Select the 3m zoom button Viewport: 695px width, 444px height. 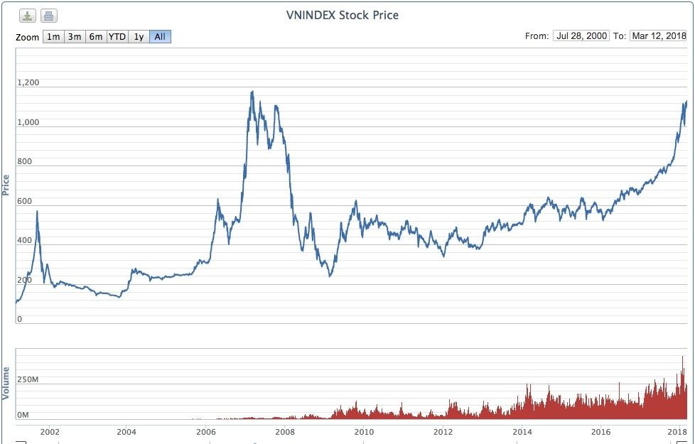click(x=75, y=36)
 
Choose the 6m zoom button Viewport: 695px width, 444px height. click(x=96, y=36)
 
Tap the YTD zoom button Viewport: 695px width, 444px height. click(x=117, y=36)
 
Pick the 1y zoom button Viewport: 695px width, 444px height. click(x=139, y=36)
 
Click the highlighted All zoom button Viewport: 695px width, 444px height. click(x=160, y=36)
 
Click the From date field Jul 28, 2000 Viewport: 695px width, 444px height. click(x=581, y=36)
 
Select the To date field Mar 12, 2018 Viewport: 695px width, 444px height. click(x=658, y=36)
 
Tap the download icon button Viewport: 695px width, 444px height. click(x=28, y=16)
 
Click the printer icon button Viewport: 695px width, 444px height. click(x=48, y=16)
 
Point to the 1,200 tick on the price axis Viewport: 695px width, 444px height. click(x=28, y=83)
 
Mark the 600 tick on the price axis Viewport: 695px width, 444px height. click(x=25, y=201)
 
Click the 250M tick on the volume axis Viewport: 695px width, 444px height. click(x=28, y=380)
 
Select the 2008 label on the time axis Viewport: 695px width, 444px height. click(x=285, y=431)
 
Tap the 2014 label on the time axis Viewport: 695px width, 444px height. click(x=522, y=431)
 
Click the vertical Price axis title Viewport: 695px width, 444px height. click(x=6, y=185)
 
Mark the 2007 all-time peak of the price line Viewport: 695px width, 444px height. click(x=252, y=92)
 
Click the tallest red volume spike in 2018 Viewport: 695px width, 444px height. click(x=682, y=357)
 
